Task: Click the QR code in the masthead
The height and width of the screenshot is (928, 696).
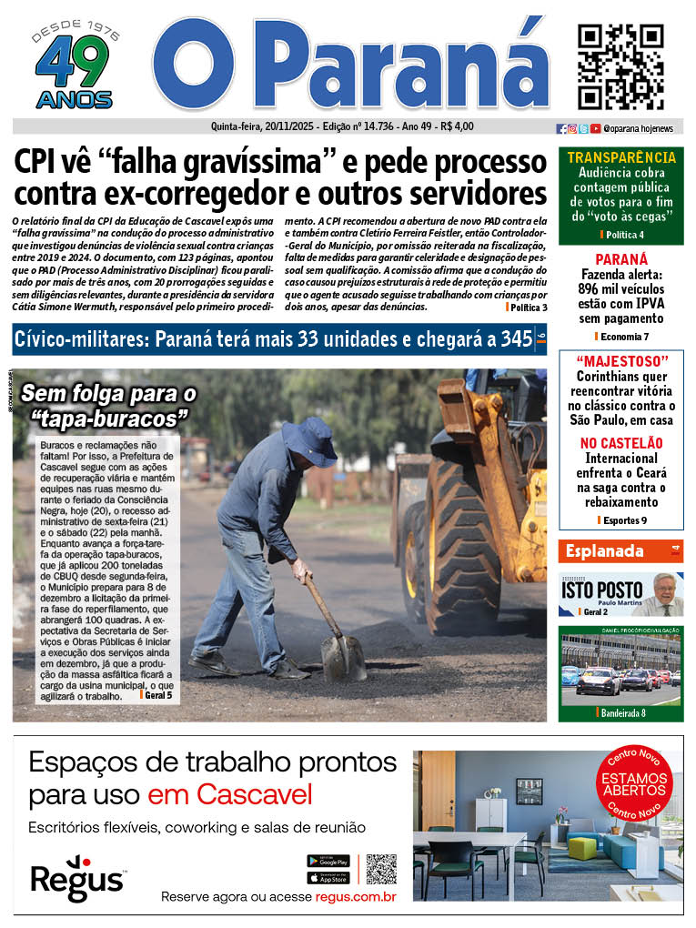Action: click(x=620, y=66)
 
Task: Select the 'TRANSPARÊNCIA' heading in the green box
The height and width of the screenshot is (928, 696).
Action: click(x=621, y=157)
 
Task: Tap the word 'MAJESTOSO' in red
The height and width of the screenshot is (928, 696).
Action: click(x=621, y=360)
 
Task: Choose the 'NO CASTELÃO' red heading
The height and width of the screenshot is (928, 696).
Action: click(x=621, y=443)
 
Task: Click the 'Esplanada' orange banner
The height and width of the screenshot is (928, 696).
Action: click(x=605, y=550)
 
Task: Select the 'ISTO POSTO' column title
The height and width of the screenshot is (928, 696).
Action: click(x=601, y=590)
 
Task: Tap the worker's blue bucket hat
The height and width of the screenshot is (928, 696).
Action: click(x=308, y=440)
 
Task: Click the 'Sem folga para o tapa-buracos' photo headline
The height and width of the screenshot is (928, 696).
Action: click(x=109, y=406)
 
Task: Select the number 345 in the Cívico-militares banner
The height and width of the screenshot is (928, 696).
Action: click(x=517, y=340)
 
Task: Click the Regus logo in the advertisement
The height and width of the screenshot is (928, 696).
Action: click(x=77, y=877)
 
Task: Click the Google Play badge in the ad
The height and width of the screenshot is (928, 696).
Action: click(x=328, y=860)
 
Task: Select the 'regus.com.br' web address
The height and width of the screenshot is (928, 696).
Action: click(x=356, y=897)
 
